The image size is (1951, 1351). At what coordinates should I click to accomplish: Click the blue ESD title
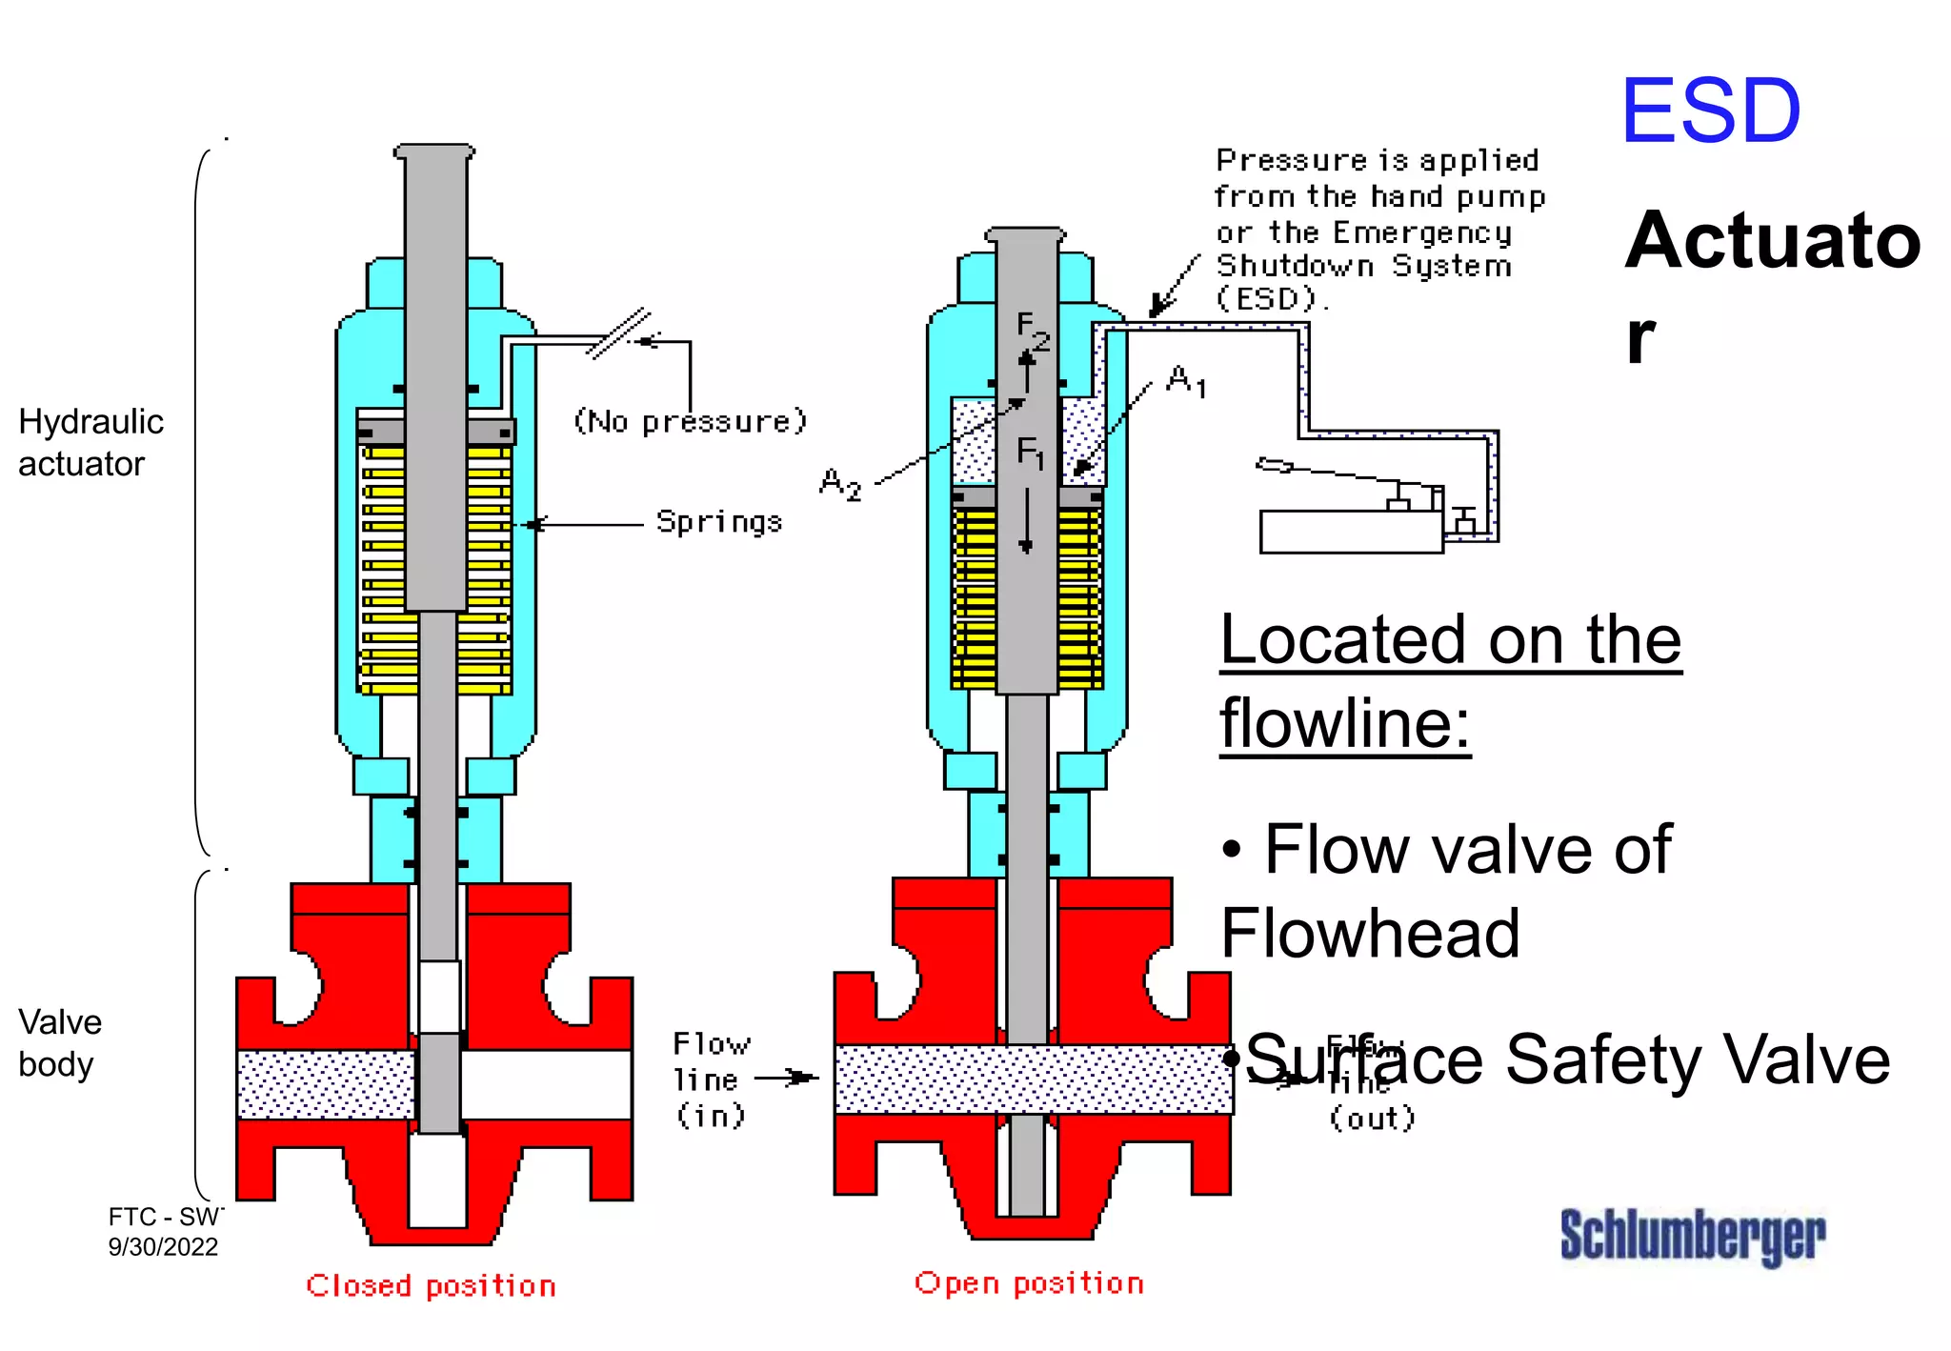pyautogui.click(x=1710, y=111)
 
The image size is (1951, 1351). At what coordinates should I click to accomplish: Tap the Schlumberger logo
pyautogui.click(x=1692, y=1236)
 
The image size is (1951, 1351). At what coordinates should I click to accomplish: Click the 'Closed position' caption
pyautogui.click(x=431, y=1286)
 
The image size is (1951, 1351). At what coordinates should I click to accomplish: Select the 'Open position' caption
pyautogui.click(x=1029, y=1283)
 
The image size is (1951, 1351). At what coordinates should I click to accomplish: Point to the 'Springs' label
pyautogui.click(x=718, y=522)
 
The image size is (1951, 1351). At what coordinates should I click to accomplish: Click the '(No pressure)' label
pyautogui.click(x=691, y=421)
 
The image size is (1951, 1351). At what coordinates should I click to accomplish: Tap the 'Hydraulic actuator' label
pyautogui.click(x=91, y=442)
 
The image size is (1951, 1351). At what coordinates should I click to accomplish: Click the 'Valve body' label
pyautogui.click(x=59, y=1042)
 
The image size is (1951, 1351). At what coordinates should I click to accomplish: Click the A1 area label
pyautogui.click(x=1186, y=380)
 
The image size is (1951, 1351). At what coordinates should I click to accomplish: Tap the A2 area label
pyautogui.click(x=840, y=484)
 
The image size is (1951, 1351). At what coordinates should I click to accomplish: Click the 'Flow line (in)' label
pyautogui.click(x=711, y=1079)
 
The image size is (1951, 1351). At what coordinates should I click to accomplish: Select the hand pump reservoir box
pyautogui.click(x=1350, y=532)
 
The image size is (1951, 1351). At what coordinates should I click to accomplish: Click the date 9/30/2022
pyautogui.click(x=163, y=1246)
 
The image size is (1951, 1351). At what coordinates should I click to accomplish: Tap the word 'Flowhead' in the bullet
pyautogui.click(x=1370, y=933)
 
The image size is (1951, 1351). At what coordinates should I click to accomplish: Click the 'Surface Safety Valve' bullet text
pyautogui.click(x=1567, y=1059)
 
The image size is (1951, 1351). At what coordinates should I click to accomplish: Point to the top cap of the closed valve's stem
pyautogui.click(x=434, y=152)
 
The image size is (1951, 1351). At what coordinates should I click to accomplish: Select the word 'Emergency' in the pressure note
pyautogui.click(x=1421, y=232)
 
